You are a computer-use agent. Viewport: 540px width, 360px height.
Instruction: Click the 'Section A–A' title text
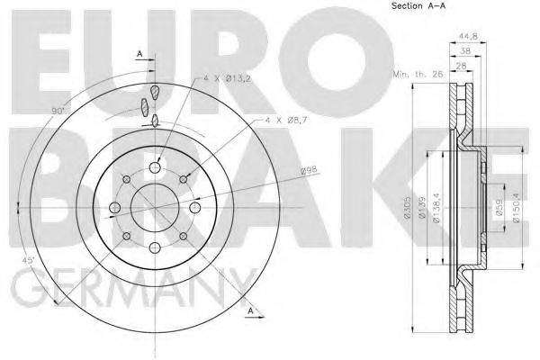click(422, 7)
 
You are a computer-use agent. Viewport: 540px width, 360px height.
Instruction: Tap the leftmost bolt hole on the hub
click(113, 210)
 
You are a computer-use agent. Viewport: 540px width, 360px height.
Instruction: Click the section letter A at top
click(139, 54)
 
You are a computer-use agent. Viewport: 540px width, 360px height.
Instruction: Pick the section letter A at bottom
click(256, 312)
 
